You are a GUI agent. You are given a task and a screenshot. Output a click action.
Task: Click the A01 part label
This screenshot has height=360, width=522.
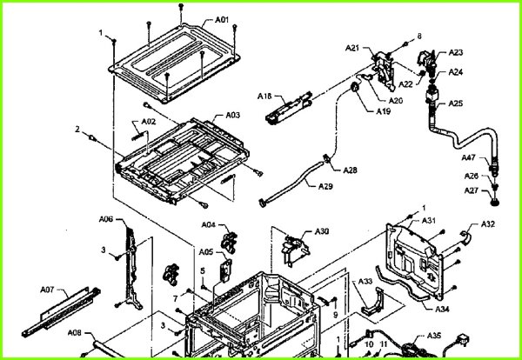point(222,19)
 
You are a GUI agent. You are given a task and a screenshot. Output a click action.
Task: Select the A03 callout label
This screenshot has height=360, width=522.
point(233,115)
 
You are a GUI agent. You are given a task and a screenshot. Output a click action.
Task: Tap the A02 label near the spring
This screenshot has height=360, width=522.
point(148,121)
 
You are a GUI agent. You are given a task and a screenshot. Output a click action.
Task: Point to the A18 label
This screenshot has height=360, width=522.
point(264,95)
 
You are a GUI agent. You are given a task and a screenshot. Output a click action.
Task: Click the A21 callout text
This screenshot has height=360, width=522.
point(352,48)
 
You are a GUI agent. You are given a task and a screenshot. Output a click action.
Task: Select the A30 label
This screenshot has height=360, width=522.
point(322,231)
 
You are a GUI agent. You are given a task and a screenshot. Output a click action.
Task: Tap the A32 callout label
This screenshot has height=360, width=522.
point(488,224)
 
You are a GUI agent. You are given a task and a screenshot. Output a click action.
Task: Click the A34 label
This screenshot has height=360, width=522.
point(443,309)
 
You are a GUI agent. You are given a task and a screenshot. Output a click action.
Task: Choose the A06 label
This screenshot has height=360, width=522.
point(105,218)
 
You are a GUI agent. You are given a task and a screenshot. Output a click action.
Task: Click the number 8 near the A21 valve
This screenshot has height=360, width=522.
point(418,36)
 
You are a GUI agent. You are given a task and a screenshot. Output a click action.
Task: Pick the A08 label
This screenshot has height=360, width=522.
point(75,333)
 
